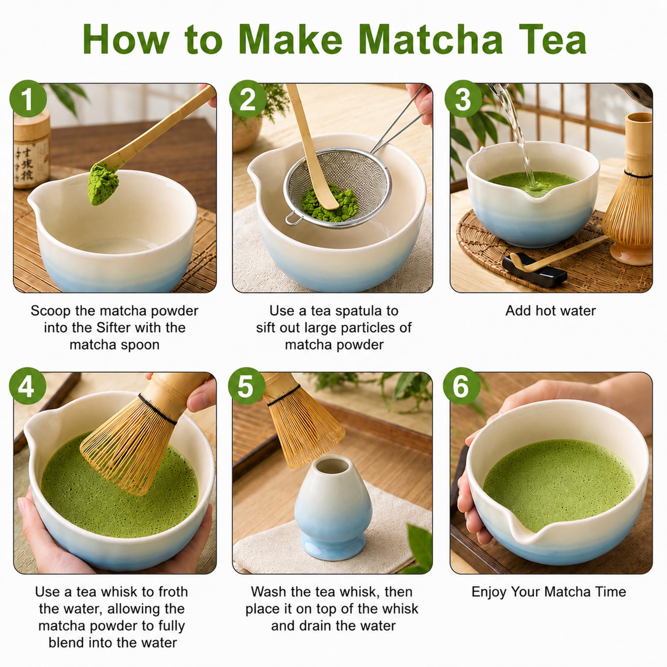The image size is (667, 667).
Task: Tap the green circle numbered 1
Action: (28, 99)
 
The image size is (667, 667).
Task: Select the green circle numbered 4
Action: (28, 386)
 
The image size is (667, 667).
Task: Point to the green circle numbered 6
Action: (461, 386)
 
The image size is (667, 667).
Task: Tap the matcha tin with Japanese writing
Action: (31, 150)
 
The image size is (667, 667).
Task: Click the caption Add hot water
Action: (551, 311)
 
